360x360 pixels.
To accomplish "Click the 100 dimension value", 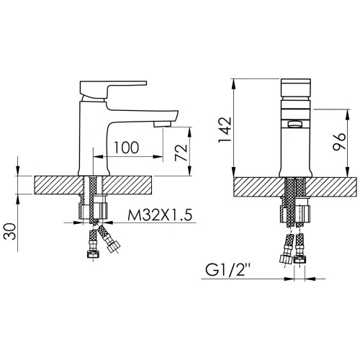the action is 127,148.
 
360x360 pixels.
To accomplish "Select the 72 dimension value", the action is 181,153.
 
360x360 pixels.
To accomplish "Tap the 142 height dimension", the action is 225,130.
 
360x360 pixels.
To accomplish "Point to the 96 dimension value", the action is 339,142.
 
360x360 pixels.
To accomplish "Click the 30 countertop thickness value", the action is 10,231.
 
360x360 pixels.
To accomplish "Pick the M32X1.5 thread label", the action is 160,215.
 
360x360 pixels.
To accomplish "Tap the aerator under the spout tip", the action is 162,124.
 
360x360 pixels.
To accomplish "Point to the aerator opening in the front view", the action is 296,125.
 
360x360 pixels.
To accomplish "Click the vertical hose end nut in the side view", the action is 93,254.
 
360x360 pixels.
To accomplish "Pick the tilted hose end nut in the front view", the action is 286,259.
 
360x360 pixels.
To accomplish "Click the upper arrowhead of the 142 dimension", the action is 233,84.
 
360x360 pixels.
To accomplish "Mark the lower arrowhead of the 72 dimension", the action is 189,171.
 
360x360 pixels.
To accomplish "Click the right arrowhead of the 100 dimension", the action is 158,157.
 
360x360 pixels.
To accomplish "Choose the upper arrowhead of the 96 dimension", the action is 347,114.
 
